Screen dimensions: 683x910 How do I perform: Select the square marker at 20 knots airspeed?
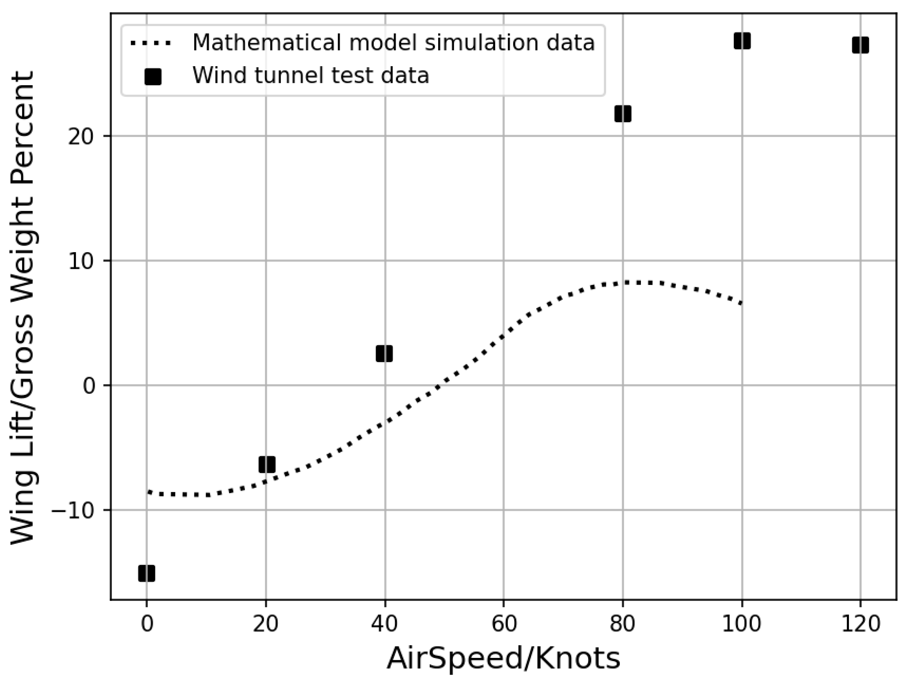(266, 464)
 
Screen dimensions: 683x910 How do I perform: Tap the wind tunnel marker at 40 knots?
(384, 354)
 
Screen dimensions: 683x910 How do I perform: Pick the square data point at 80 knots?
(623, 114)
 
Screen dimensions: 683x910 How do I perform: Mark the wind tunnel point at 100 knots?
(742, 41)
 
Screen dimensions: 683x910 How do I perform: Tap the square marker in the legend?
(153, 76)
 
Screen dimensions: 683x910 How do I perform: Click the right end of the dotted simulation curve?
(741, 304)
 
